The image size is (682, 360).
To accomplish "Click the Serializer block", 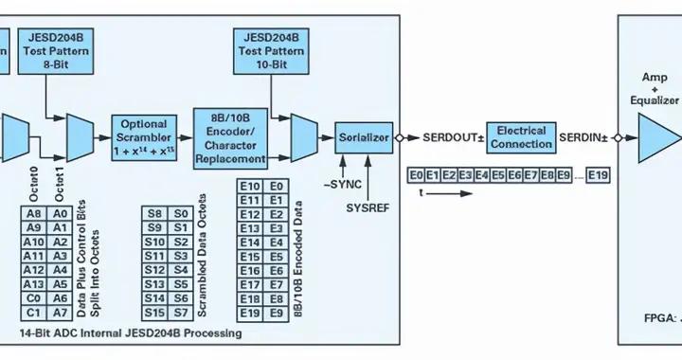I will [x=364, y=138].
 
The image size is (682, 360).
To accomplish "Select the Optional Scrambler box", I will [x=145, y=138].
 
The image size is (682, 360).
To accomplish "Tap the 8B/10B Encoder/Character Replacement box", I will [x=238, y=138].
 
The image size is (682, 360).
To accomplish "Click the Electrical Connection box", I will [x=521, y=137].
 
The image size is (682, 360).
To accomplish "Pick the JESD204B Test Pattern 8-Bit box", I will [x=55, y=51].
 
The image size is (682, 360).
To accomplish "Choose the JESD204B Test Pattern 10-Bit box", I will [x=271, y=51].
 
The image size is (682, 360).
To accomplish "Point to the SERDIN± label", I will [x=585, y=136].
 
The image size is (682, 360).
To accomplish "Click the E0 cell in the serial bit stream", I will [x=415, y=175].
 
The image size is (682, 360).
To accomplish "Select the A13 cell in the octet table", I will [x=35, y=283].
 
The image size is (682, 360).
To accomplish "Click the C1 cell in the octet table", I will [x=35, y=312].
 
